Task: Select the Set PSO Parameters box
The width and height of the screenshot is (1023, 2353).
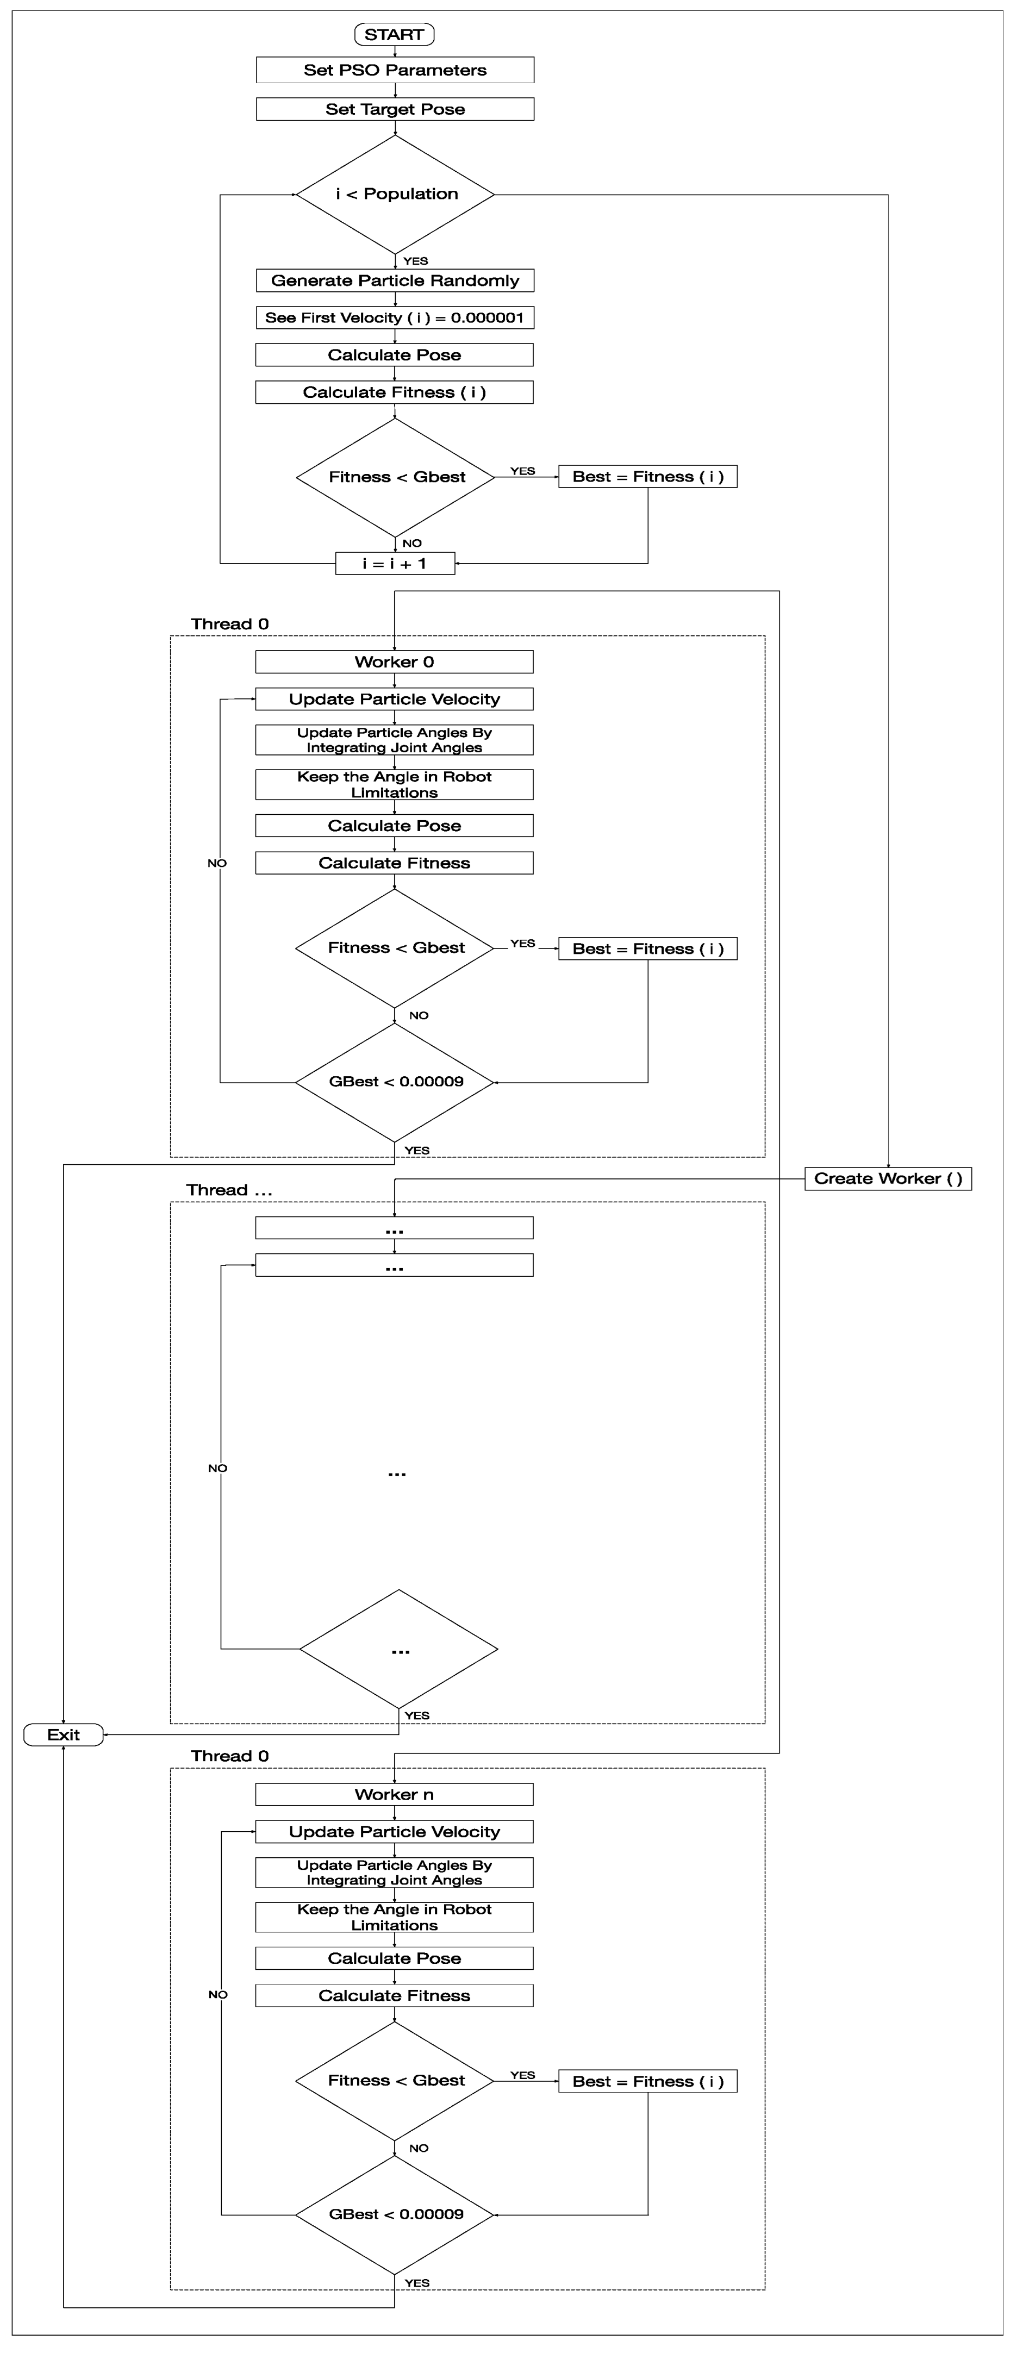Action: click(x=395, y=70)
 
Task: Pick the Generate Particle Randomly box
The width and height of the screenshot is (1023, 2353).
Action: click(x=395, y=280)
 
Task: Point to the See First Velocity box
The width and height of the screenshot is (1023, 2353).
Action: click(x=395, y=318)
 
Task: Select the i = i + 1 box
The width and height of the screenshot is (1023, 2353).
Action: click(x=395, y=564)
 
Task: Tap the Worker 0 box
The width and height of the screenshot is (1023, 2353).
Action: click(x=395, y=662)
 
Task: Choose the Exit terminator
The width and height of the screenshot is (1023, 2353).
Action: click(x=63, y=1734)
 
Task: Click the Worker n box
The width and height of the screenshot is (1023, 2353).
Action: click(x=395, y=1795)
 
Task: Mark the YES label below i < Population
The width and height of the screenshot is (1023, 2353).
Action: click(x=416, y=261)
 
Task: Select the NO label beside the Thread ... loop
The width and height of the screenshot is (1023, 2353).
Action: click(x=217, y=1469)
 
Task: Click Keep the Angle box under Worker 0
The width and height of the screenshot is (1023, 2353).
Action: click(x=395, y=785)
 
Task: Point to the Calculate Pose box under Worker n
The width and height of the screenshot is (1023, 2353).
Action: click(x=395, y=1958)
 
